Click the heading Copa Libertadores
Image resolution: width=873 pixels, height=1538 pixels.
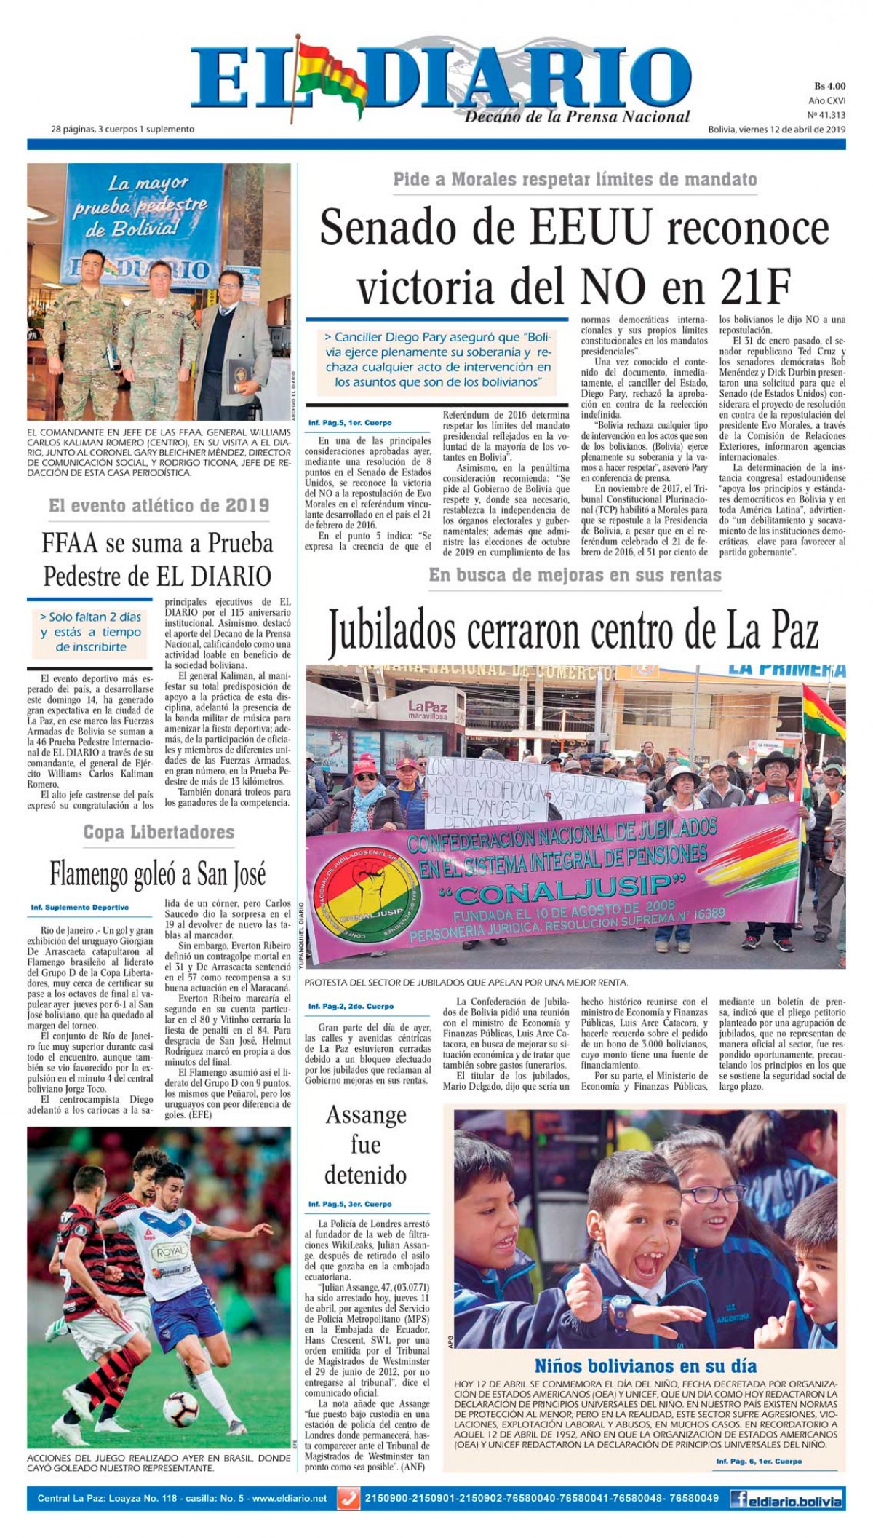point(159,832)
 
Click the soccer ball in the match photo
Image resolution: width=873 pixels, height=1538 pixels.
point(180,1408)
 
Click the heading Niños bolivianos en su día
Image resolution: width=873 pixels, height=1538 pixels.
point(645,1365)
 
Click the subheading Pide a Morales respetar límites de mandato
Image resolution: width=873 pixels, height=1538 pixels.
point(575,179)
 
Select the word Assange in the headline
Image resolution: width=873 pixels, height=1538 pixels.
point(365,1114)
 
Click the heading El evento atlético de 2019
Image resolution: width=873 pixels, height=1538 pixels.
point(159,505)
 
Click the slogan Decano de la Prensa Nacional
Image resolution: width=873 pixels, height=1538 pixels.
point(577,116)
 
